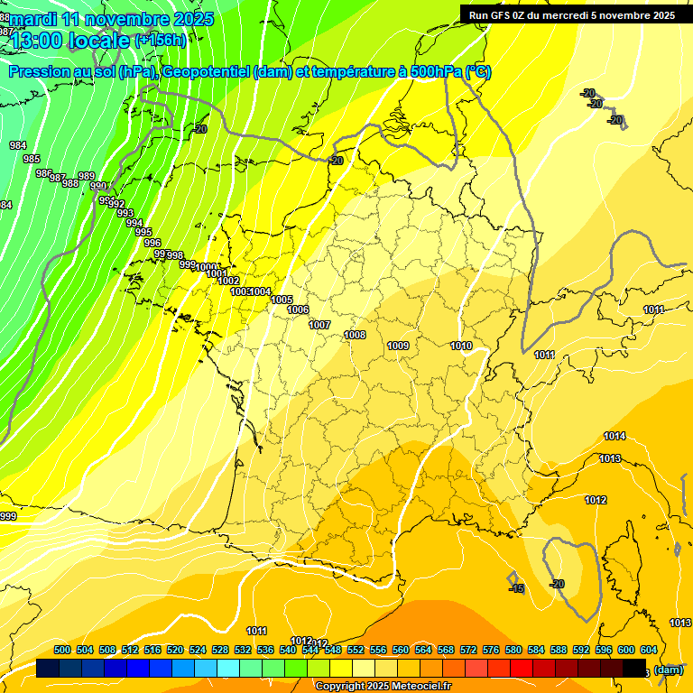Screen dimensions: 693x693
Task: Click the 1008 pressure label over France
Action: [355, 335]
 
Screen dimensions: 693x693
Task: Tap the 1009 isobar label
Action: [398, 346]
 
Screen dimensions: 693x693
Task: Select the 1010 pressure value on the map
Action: [461, 346]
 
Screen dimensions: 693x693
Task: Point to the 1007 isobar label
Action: [319, 325]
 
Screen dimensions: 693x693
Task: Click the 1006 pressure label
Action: [298, 310]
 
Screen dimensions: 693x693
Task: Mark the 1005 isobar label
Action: [282, 300]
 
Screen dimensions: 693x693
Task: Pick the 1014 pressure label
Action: [614, 436]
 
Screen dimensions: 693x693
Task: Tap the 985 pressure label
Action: [32, 159]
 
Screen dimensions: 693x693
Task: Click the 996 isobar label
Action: [152, 243]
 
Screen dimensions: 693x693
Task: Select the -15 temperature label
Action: [516, 588]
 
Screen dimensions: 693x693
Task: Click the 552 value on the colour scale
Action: [356, 650]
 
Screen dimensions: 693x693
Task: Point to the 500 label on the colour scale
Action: [62, 650]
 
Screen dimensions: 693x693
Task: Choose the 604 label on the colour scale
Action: [648, 650]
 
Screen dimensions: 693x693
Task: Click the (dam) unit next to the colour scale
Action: [669, 670]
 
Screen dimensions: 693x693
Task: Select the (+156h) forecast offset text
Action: [160, 40]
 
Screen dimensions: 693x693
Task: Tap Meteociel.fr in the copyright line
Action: [420, 687]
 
